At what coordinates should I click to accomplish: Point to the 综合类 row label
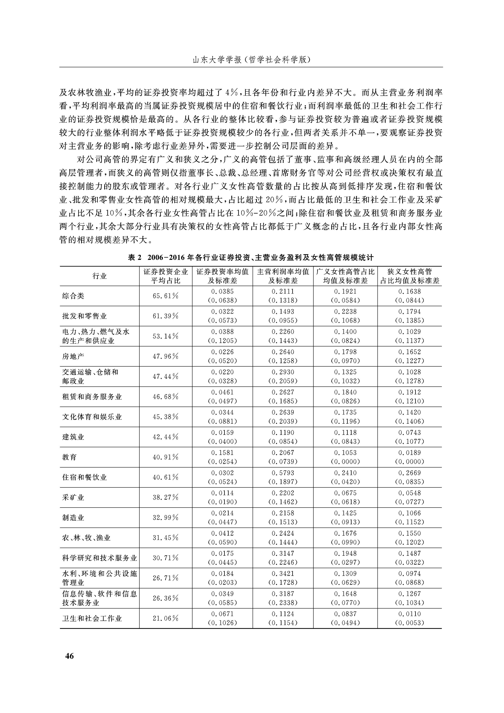pyautogui.click(x=73, y=296)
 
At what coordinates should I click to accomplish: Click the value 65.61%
pyautogui.click(x=165, y=296)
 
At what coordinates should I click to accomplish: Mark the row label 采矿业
pyautogui.click(x=73, y=497)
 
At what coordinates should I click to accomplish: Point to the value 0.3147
pyautogui.click(x=283, y=553)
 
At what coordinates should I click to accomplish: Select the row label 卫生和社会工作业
pyautogui.click(x=92, y=618)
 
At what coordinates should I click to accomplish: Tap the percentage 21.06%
pyautogui.click(x=165, y=618)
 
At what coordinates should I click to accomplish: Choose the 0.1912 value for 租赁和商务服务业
pyautogui.click(x=409, y=392)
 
